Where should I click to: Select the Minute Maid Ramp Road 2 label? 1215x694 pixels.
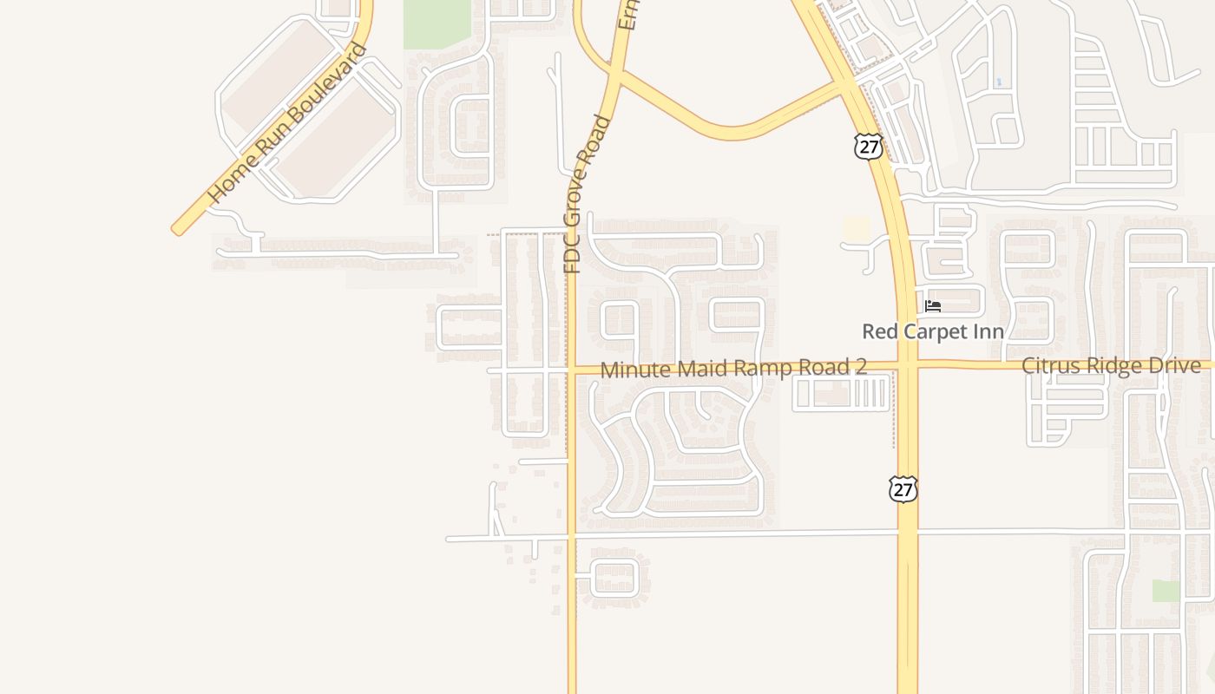tap(733, 368)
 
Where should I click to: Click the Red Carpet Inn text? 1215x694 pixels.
tap(933, 331)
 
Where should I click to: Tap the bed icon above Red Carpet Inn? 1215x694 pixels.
tap(933, 306)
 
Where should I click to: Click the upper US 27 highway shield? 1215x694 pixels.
tap(868, 146)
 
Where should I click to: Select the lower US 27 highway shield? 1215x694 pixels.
tap(903, 489)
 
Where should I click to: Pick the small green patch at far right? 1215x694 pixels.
tap(1166, 591)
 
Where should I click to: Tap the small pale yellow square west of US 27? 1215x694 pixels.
tap(857, 229)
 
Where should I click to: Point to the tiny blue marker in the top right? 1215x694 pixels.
tap(999, 82)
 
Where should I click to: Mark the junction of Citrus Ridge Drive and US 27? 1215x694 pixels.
tap(907, 365)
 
